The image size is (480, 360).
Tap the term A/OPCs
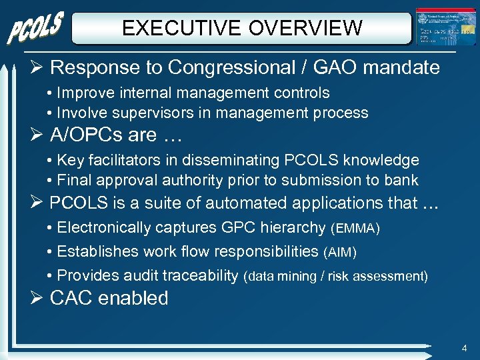tap(85, 135)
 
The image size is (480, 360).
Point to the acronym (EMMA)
tap(355, 229)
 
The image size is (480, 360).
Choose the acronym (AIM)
tap(339, 253)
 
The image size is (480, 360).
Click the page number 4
tap(463, 348)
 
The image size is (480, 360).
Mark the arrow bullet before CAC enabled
tap(37, 298)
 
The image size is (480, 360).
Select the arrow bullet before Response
tap(37, 67)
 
